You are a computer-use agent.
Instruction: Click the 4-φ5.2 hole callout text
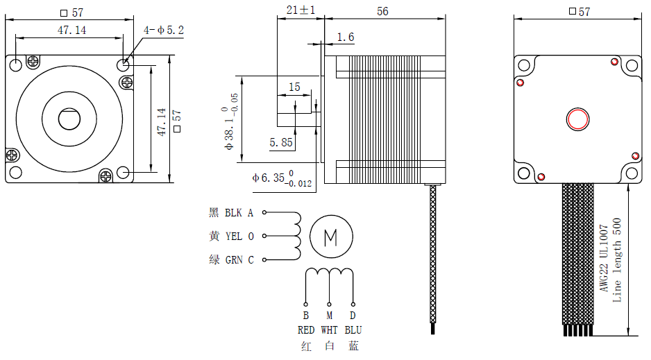point(163,30)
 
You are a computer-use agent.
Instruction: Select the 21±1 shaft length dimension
point(301,10)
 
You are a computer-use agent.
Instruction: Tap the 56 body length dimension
point(382,11)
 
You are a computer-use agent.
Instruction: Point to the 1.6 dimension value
point(345,37)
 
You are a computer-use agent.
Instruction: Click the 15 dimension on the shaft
point(294,87)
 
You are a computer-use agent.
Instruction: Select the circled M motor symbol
point(331,237)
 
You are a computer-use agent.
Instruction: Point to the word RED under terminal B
point(306,330)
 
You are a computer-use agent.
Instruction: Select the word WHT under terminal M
point(330,330)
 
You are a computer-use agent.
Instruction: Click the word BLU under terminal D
point(353,330)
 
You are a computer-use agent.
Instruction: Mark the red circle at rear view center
point(577,119)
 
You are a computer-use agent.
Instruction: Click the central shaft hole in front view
point(69,119)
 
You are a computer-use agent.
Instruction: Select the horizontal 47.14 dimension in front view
point(71,30)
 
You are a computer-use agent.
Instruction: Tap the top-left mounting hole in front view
point(17,65)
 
